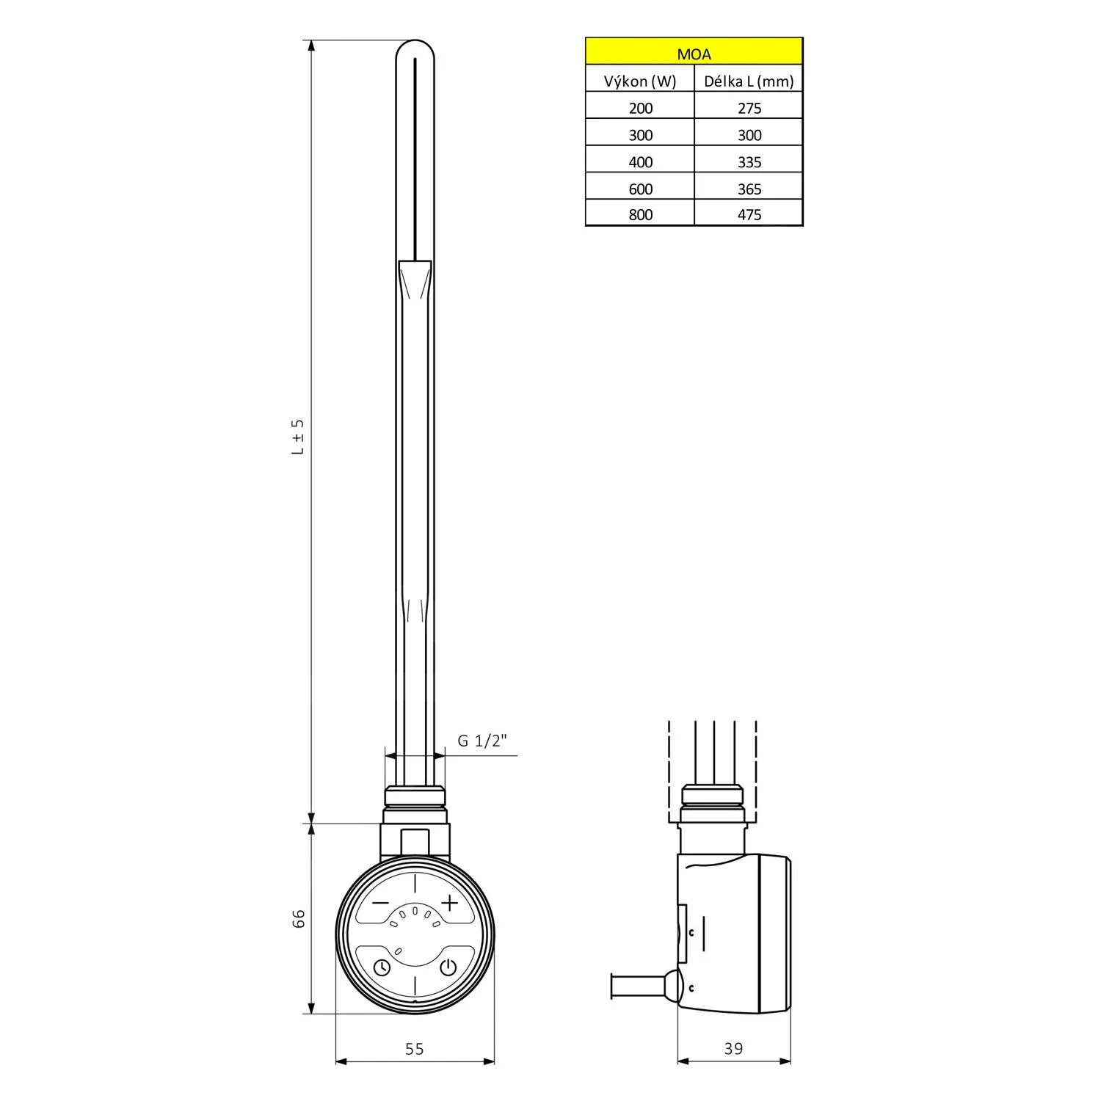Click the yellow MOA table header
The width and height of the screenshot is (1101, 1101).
694,54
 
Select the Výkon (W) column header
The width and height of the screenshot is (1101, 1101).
640,81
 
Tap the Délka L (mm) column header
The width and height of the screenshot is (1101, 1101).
749,81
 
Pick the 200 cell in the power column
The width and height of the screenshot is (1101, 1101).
640,108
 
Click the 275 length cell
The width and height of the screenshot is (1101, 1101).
749,108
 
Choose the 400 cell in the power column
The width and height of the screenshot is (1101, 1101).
640,161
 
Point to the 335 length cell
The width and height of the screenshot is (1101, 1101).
749,161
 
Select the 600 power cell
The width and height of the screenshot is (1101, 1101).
640,189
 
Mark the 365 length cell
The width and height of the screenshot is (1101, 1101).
749,189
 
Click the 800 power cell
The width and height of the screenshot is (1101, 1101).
640,214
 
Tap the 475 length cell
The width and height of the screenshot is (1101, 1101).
749,214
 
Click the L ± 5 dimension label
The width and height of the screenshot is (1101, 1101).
297,437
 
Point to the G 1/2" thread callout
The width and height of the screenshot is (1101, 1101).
482,741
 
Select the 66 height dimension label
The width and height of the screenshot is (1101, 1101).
299,918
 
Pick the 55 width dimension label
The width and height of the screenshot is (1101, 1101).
415,1049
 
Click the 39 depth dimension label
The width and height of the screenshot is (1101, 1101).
733,1049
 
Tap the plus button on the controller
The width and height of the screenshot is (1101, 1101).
449,903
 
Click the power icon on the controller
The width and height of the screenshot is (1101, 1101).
448,967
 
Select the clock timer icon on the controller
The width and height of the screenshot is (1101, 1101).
382,968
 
